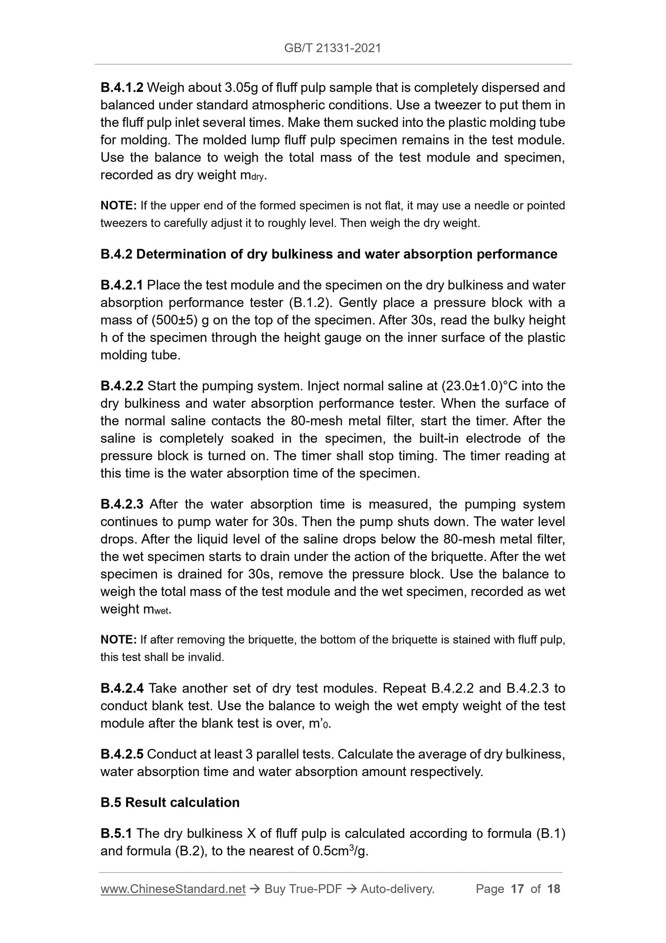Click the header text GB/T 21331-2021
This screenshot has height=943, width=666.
[333, 48]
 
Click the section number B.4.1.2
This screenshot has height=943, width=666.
[122, 87]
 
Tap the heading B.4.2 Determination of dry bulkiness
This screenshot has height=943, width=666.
[329, 254]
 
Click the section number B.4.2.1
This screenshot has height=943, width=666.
[122, 285]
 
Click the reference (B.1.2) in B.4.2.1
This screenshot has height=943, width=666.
[309, 303]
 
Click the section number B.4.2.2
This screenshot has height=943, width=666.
[122, 386]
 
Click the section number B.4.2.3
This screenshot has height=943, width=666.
[122, 504]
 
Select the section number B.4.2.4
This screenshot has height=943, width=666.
[122, 689]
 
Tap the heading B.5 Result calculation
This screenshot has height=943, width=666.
[170, 802]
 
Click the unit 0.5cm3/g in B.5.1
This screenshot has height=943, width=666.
[340, 851]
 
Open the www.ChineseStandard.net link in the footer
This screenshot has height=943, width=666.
[173, 889]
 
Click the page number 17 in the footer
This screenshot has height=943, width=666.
[518, 889]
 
